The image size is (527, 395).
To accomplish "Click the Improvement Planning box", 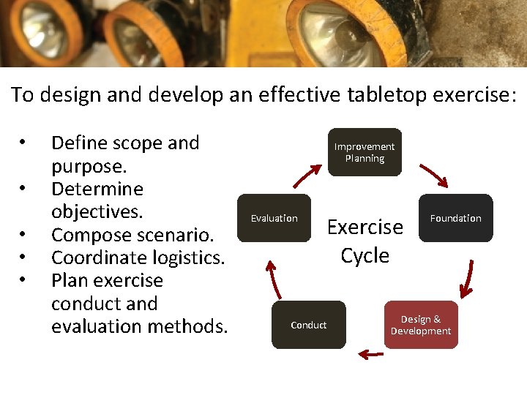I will coord(365,152).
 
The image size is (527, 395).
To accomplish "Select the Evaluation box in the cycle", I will coord(274,218).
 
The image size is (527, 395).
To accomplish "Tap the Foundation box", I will coord(455,218).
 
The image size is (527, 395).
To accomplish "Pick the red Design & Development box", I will coord(421,325).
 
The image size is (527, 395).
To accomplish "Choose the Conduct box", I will coord(308,325).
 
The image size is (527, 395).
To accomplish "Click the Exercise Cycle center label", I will coord(365,241).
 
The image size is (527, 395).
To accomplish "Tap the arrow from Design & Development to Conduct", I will coord(371,355).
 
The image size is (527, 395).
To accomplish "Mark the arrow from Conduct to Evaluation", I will coord(272,278).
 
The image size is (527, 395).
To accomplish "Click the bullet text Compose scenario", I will coord(132,236).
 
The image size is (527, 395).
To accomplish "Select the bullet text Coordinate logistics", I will coord(138,258).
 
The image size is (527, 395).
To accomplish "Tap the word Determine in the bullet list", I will coord(97,189).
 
